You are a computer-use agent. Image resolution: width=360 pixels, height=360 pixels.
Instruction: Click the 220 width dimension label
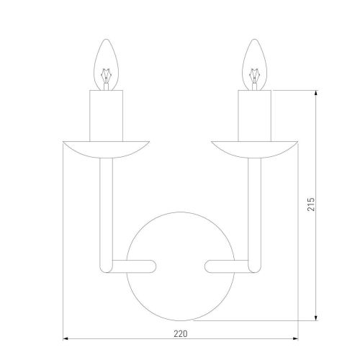[x=181, y=333]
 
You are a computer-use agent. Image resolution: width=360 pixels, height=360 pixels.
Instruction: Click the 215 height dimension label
[x=311, y=204]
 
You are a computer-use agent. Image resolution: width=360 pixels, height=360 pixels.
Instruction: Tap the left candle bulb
[x=106, y=65]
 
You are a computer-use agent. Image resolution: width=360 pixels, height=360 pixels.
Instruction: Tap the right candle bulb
[x=254, y=65]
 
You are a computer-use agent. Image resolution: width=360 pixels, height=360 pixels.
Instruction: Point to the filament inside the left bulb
[x=106, y=78]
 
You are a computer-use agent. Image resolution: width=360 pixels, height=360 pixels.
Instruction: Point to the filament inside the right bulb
[x=254, y=78]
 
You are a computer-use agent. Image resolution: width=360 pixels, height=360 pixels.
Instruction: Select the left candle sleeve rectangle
[x=106, y=116]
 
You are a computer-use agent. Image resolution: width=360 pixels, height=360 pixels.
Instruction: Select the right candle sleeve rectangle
[x=254, y=116]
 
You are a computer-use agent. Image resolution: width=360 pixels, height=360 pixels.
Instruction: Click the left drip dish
[x=106, y=149]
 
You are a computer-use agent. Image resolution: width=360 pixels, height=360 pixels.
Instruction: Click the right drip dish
[x=254, y=149]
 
